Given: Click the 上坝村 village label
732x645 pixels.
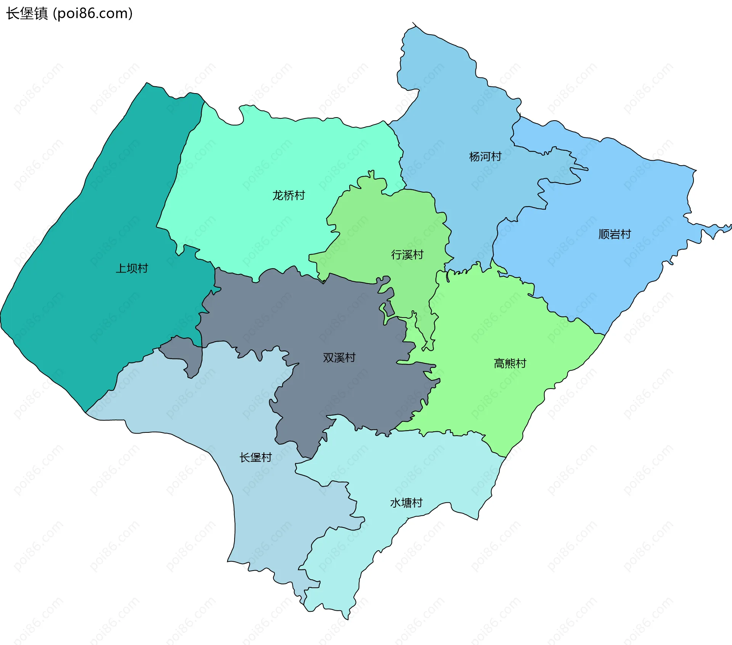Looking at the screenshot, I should [132, 268].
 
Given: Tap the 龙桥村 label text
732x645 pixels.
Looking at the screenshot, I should [289, 195].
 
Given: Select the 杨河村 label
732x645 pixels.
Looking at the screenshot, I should [485, 156].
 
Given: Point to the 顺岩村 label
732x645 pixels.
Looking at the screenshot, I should [615, 234].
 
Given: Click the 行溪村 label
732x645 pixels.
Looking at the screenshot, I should [407, 255].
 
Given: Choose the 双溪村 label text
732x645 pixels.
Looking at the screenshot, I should [339, 358].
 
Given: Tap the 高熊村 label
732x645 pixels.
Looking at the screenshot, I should [510, 363].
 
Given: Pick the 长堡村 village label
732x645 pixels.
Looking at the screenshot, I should [255, 457].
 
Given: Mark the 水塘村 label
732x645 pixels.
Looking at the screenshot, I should [406, 503].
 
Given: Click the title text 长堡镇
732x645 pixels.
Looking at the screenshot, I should [27, 13].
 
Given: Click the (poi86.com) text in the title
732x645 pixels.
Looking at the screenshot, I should [93, 13].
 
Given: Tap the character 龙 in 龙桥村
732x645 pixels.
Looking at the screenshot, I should [278, 195].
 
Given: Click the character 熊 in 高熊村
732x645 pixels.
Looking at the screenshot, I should [510, 363].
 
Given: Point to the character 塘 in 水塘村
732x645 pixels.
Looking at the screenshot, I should [406, 503].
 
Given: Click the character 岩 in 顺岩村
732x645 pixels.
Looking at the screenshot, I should [615, 234].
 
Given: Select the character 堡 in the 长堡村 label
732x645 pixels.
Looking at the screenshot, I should [255, 457].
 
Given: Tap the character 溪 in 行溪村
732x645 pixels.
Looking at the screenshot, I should [407, 255].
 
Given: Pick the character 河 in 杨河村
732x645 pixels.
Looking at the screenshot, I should [485, 156].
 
